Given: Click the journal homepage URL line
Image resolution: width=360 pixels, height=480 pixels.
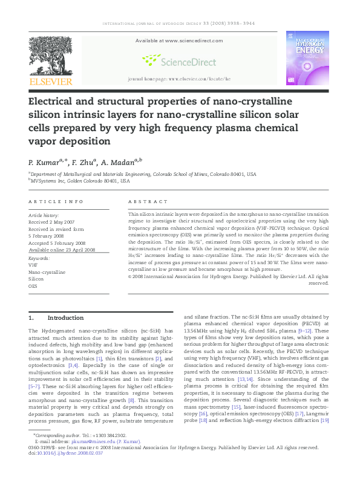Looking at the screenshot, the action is [180, 79].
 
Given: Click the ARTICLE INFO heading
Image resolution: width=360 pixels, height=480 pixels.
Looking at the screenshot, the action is [56, 201].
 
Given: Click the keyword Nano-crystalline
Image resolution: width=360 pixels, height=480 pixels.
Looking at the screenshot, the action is [47, 273].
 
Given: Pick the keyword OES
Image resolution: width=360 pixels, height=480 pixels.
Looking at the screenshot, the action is [33, 286].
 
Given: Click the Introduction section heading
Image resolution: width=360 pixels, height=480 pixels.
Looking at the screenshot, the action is [65, 318].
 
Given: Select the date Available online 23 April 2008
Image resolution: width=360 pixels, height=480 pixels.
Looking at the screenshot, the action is [62, 250].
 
